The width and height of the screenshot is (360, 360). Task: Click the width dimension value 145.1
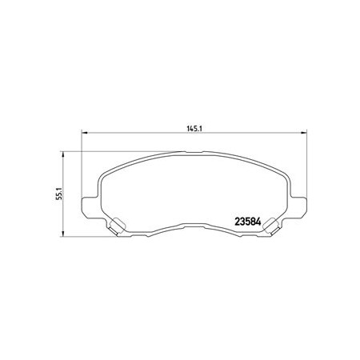click(194, 129)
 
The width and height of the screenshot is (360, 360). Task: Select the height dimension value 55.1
click(59, 194)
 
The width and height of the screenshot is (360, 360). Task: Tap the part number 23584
click(247, 222)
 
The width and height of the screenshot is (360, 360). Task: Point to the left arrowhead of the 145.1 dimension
click(84, 133)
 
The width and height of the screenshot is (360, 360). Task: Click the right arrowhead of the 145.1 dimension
click(304, 133)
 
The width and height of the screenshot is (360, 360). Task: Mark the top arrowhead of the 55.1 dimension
click(63, 154)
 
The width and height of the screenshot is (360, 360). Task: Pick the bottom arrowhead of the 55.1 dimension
click(63, 234)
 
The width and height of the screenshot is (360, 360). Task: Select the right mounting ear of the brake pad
click(299, 207)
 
